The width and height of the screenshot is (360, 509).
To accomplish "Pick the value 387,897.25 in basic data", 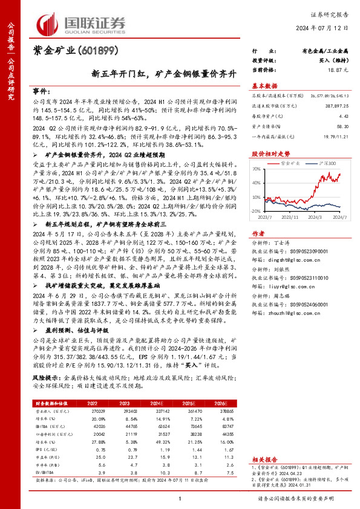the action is (336, 105).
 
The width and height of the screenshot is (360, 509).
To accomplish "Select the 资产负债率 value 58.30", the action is (342, 126).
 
